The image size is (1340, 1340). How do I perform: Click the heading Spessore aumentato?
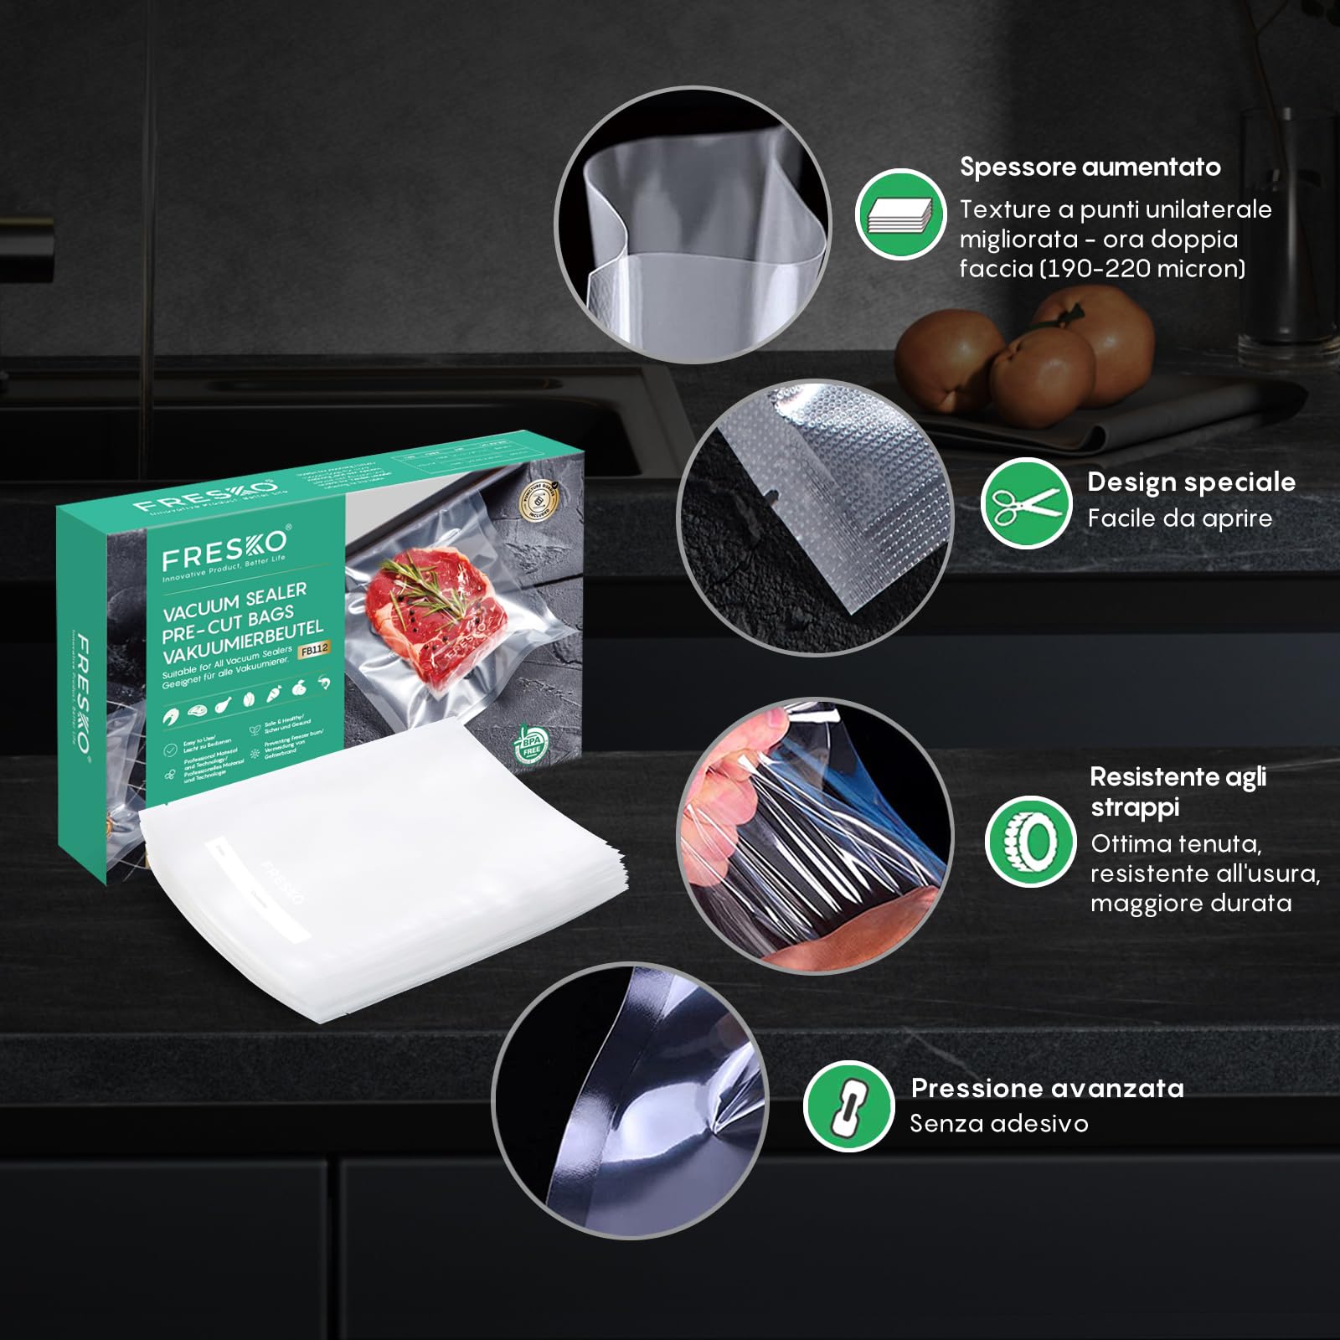1090,167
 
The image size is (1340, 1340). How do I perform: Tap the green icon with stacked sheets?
900,214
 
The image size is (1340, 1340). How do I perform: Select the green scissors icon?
1026,503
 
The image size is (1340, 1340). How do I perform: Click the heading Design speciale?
1191,482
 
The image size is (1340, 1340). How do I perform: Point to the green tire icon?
1030,841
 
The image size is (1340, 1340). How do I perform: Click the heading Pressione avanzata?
1047,1088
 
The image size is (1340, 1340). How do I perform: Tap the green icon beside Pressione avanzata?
848,1106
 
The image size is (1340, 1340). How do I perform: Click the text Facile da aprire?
1179,518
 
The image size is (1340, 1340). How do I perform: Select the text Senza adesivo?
998,1124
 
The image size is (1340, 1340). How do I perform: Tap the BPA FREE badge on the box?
530,745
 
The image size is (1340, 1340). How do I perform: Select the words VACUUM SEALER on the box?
234,600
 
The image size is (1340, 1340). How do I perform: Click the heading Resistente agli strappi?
1177,791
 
